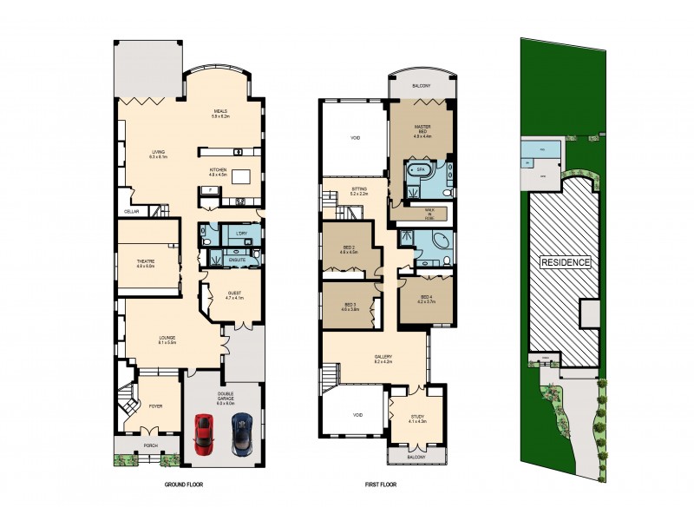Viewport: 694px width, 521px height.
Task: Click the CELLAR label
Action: pyautogui.click(x=131, y=211)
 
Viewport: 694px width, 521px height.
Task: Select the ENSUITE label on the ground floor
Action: pyautogui.click(x=235, y=259)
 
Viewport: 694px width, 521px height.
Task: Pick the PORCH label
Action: pyautogui.click(x=147, y=448)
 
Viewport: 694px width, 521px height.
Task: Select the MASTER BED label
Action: pyautogui.click(x=422, y=129)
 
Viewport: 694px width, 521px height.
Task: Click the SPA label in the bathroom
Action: pyautogui.click(x=422, y=168)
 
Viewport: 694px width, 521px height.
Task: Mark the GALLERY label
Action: pyautogui.click(x=383, y=356)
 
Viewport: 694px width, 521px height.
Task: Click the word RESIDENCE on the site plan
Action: pyautogui.click(x=565, y=262)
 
